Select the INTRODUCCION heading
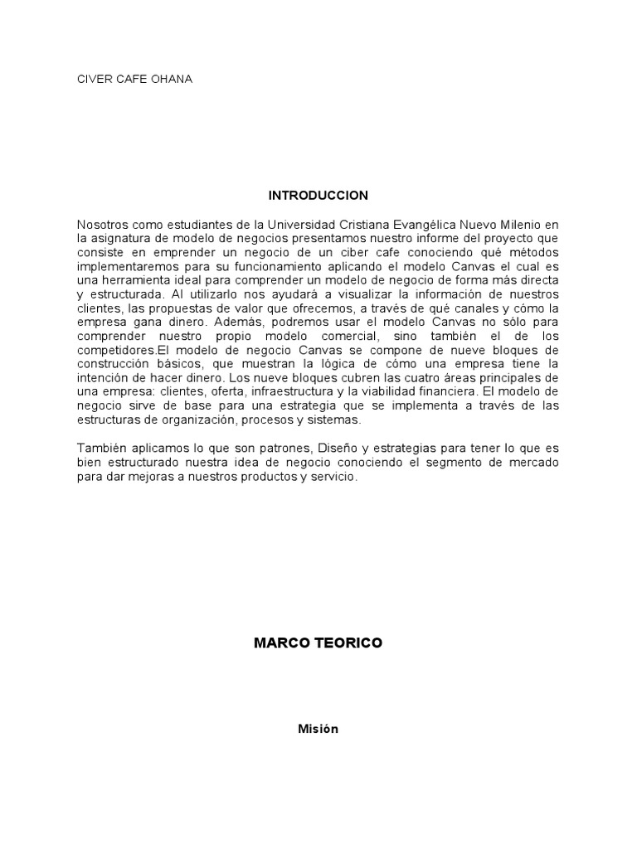tap(318, 196)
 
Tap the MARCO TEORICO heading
tap(318, 643)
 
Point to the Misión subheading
tap(318, 729)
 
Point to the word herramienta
tap(127, 280)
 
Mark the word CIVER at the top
tap(93, 80)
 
